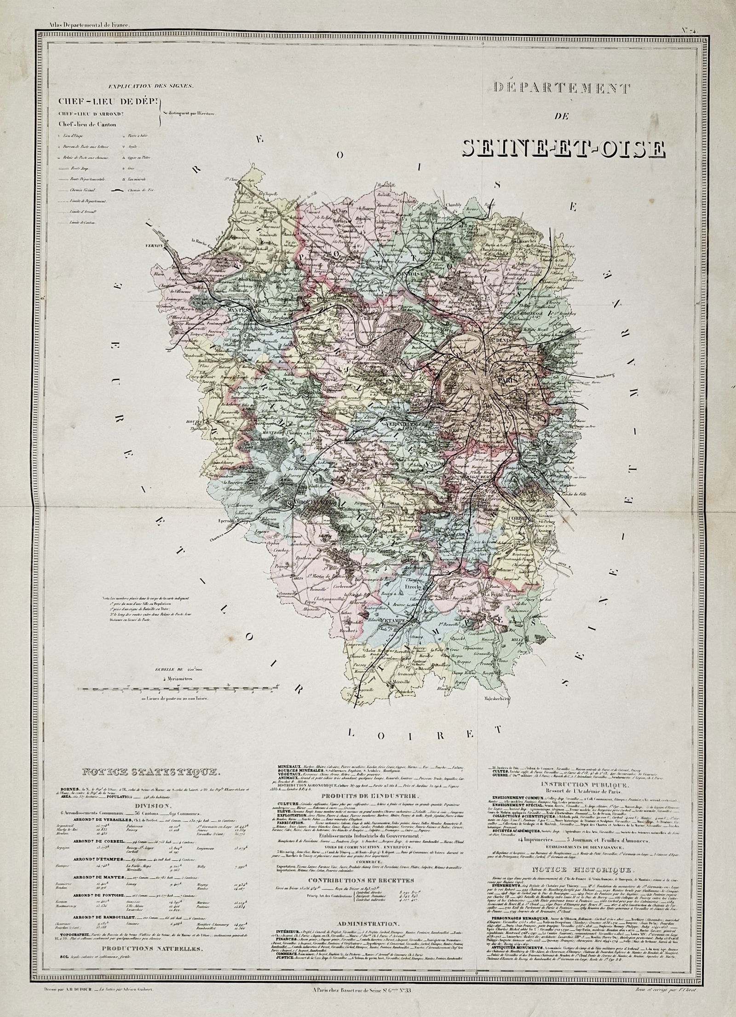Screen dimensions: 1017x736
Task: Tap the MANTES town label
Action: pos(238,310)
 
